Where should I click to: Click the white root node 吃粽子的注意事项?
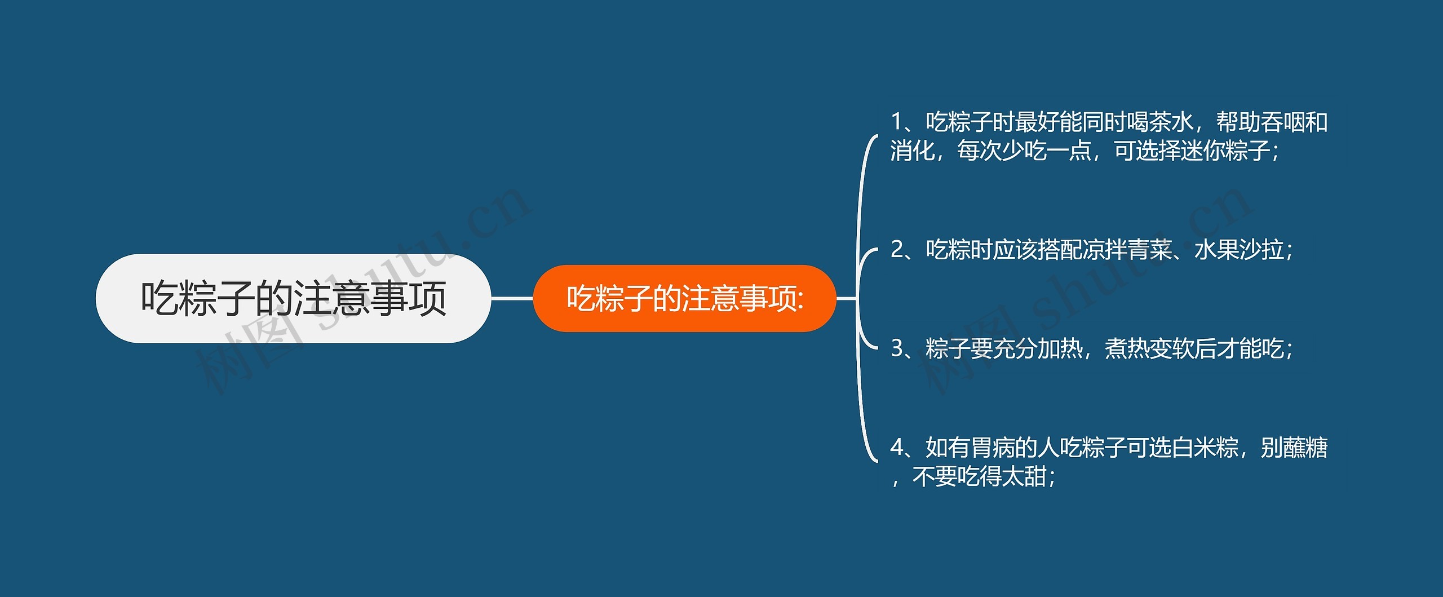point(293,298)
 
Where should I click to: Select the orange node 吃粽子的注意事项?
point(684,298)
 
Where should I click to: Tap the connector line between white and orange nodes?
point(512,298)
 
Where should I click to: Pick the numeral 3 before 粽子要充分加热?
point(897,348)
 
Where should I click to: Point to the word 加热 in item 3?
point(1060,348)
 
